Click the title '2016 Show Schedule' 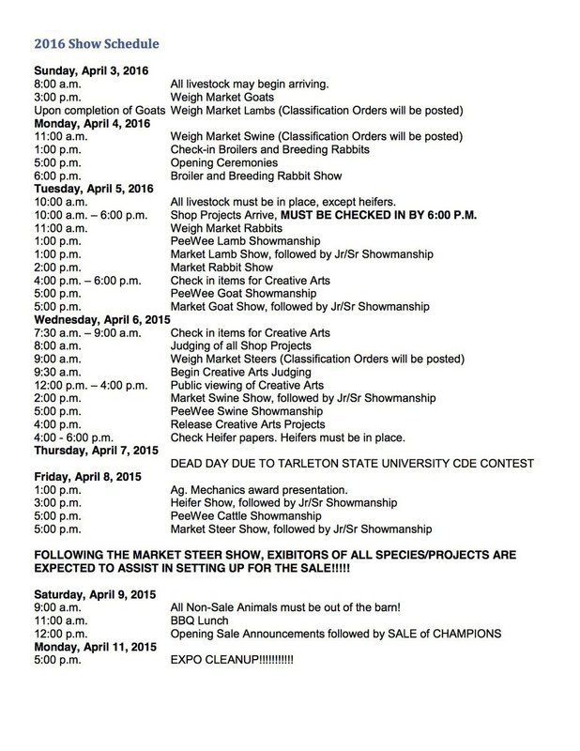[x=94, y=43]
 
